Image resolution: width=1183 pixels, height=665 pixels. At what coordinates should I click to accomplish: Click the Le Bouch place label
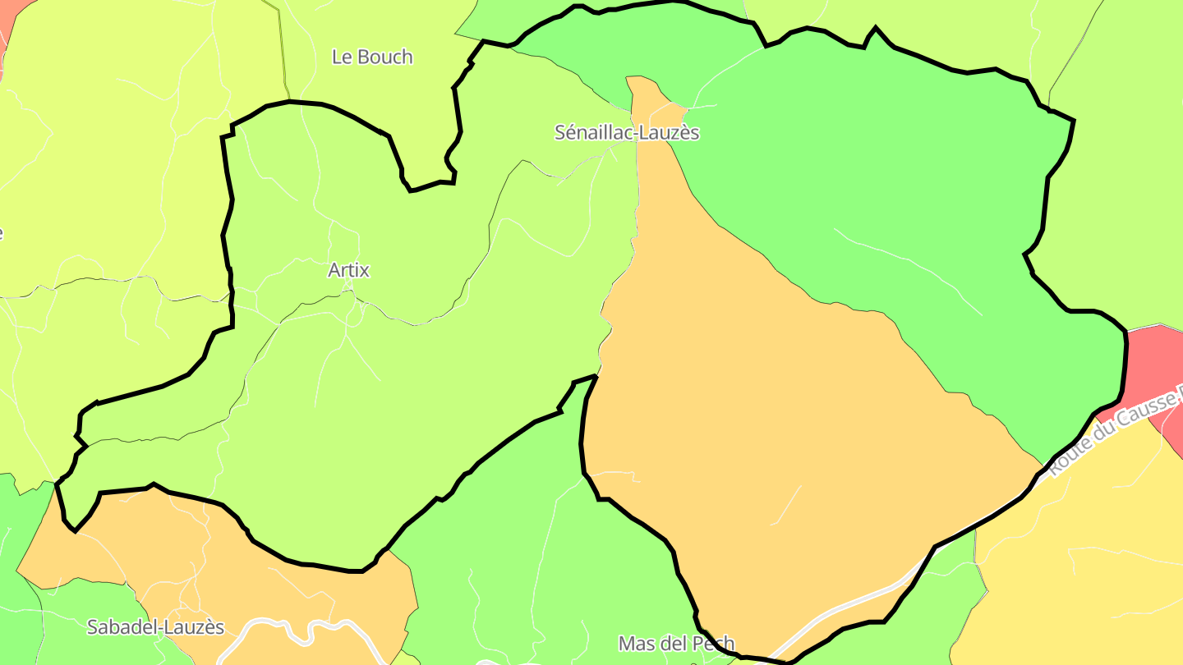372,57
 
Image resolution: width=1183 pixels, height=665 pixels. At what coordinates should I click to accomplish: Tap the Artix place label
348,270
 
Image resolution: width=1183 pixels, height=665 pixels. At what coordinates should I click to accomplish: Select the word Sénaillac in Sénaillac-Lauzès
591,133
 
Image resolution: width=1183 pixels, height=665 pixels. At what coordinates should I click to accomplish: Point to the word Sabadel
122,627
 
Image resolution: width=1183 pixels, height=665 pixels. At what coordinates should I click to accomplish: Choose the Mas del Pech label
676,643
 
